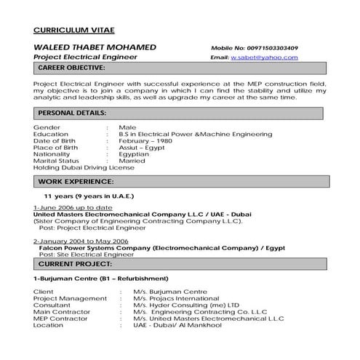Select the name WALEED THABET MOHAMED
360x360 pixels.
[95, 47]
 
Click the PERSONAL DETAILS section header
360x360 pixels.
[72, 113]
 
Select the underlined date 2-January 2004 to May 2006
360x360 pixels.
[81, 240]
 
